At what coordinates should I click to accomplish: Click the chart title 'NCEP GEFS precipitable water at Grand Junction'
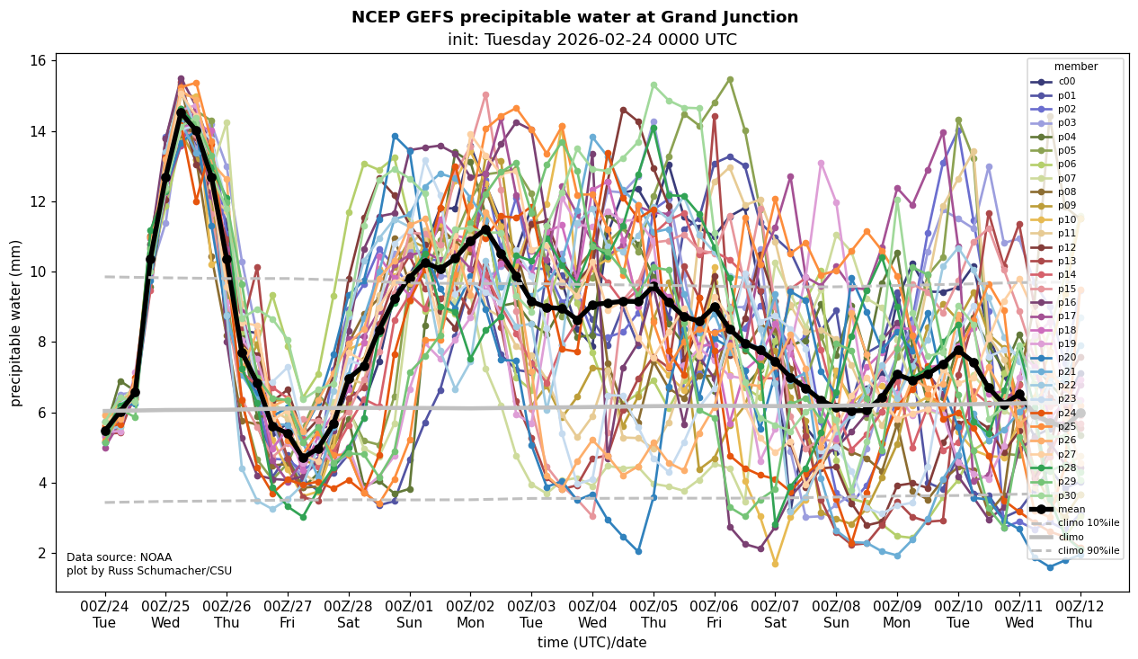coord(574,17)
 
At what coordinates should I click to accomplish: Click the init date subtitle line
coord(592,40)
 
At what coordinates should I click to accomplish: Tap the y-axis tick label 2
coord(40,553)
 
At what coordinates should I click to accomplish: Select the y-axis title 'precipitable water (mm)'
coord(17,322)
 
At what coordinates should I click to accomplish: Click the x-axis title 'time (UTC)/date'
coord(591,642)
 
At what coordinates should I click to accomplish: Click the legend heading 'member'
coord(1075,66)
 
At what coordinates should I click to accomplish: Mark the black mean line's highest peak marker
coord(181,113)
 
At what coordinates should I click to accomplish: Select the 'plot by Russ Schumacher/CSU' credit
coord(149,571)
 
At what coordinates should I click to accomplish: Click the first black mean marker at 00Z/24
coord(105,431)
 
